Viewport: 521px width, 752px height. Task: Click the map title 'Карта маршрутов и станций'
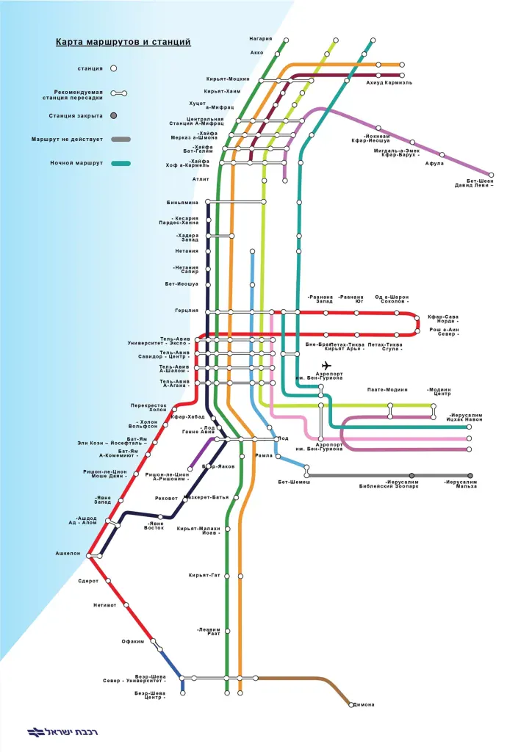point(123,43)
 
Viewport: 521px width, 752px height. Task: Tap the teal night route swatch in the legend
point(121,162)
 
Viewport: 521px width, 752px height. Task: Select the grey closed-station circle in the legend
point(114,115)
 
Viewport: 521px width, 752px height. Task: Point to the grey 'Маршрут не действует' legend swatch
point(121,139)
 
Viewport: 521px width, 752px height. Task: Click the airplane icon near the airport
point(326,366)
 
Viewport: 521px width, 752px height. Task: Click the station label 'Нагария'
point(261,38)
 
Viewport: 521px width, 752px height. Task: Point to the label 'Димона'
point(364,705)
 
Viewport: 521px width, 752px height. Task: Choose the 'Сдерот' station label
point(88,581)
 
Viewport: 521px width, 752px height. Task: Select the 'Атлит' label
point(201,178)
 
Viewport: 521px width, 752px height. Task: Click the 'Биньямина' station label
point(183,201)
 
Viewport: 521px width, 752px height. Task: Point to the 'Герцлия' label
point(187,311)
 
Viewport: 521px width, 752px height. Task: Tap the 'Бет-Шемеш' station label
point(294,482)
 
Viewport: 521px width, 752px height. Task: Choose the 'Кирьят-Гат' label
point(204,574)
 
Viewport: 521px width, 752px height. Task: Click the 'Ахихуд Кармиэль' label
point(389,83)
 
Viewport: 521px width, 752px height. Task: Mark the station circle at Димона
point(351,704)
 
